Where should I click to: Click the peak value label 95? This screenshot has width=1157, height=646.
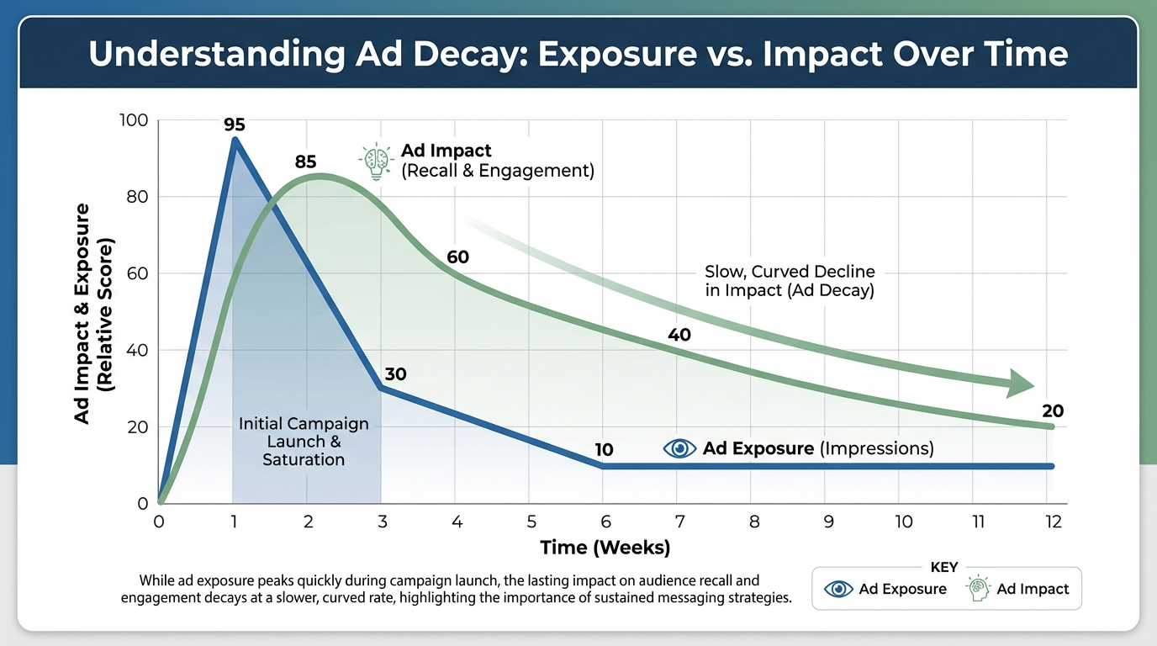point(234,125)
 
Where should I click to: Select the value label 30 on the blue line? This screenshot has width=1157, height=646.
point(395,373)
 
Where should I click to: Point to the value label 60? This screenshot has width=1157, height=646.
point(457,257)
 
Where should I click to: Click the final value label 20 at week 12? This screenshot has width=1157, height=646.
point(1052,411)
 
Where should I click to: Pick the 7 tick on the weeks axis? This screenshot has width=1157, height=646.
point(679,522)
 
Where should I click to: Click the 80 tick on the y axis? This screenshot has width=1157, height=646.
point(137,197)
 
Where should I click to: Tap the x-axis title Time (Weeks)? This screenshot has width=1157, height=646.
point(605,548)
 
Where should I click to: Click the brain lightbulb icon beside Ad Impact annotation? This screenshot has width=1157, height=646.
point(375,161)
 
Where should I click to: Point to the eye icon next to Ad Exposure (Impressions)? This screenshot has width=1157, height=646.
point(679,448)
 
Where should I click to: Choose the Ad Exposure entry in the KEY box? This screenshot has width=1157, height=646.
point(886,589)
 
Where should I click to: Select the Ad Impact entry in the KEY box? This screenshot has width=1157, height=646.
point(1018,589)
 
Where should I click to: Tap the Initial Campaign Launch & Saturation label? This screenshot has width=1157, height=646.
point(304,442)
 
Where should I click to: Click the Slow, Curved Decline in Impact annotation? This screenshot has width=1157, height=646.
point(789,282)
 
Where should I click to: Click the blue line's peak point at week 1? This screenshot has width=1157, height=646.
point(234,140)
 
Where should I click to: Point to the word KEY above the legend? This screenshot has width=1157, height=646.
point(944,568)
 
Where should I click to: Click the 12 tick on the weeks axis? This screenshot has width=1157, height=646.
point(1052,522)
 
